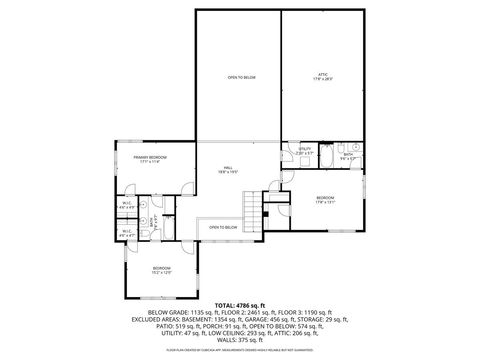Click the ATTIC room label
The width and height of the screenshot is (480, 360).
[x=323, y=74]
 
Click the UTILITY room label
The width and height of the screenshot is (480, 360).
[x=304, y=149]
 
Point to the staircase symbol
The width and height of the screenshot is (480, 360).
[x=253, y=212]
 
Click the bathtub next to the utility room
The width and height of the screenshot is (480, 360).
[x=330, y=157]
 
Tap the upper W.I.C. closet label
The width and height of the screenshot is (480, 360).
[x=129, y=205]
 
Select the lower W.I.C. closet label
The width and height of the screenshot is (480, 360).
[x=129, y=233]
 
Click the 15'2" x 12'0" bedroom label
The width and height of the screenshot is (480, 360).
[x=162, y=270]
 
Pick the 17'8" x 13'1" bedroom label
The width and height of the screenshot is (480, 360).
[x=326, y=199]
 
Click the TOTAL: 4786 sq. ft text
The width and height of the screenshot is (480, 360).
[x=240, y=304]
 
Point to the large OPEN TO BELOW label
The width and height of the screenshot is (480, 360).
[x=241, y=77]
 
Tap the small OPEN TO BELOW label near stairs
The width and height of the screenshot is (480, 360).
[x=223, y=228]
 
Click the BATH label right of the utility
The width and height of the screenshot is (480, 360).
[x=349, y=154]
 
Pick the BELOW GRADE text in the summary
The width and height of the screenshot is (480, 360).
[x=167, y=311]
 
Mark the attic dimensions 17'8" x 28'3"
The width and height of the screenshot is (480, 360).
[x=323, y=78]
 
